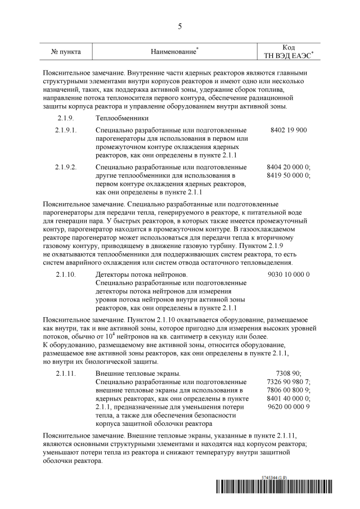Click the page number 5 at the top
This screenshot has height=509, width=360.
pos(180,26)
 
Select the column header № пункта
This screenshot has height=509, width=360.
pos(66,52)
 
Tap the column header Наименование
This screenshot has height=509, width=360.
pos(174,52)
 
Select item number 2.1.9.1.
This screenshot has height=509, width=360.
pos(66,130)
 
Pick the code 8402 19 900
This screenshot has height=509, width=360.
pos(289,130)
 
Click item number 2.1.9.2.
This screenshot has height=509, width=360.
pos(66,167)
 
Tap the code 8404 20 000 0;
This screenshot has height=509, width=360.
pos(289,167)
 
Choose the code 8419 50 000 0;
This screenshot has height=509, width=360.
pos(289,175)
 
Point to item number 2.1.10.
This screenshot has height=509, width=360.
pos(66,274)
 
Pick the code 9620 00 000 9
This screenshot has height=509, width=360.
pos(289,407)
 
